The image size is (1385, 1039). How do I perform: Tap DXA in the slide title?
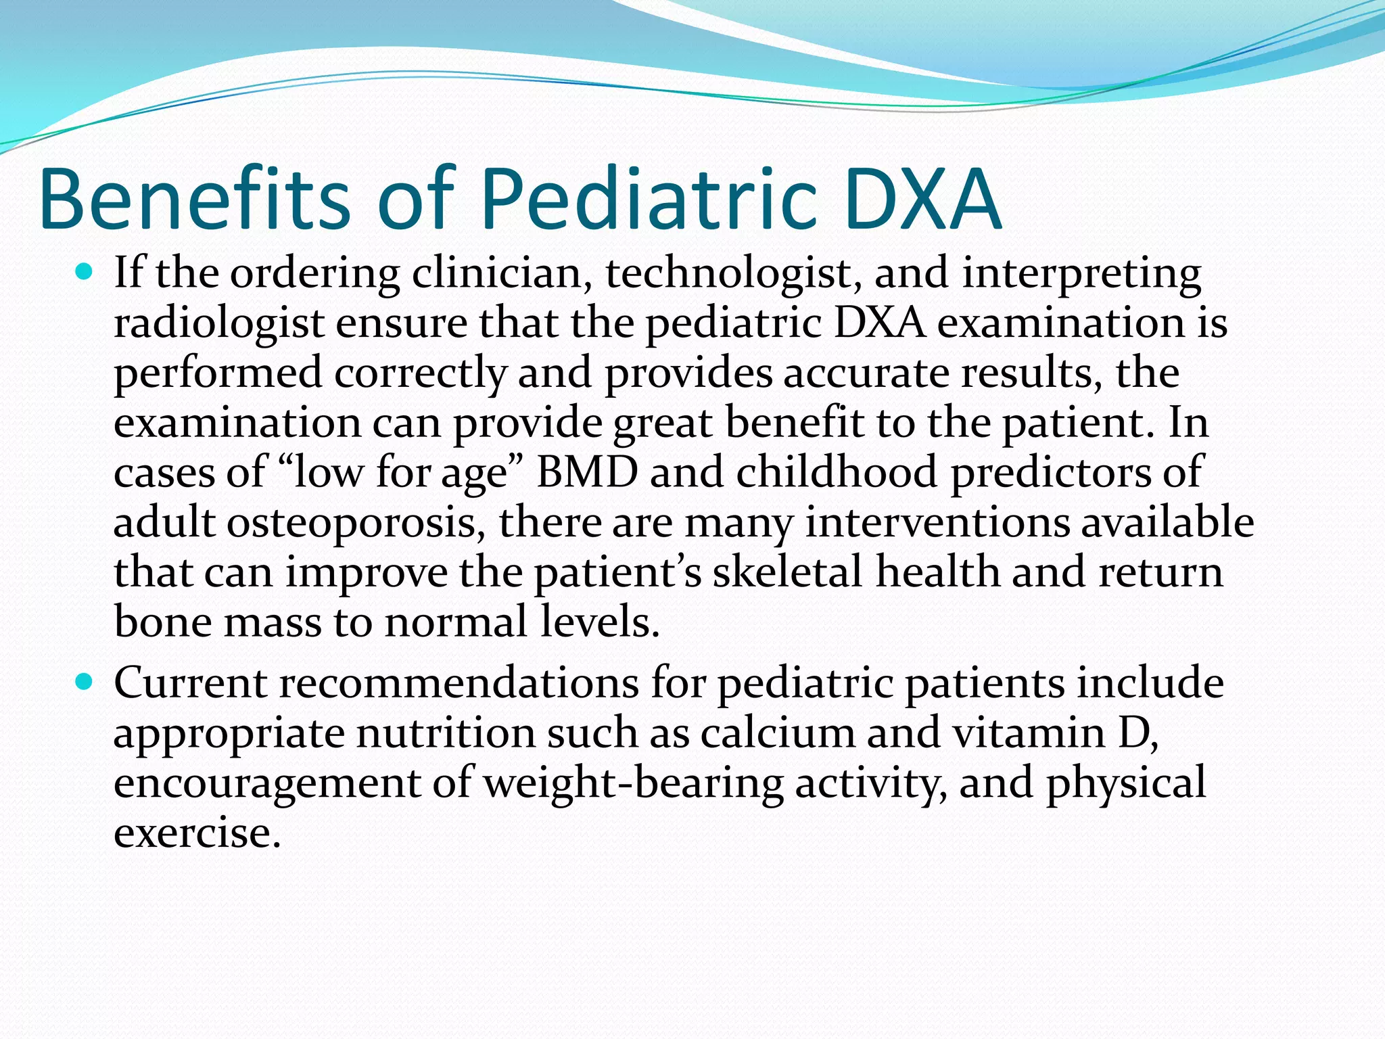(x=922, y=200)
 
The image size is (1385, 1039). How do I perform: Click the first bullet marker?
(x=85, y=273)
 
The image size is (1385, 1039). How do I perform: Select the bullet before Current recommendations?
(x=85, y=683)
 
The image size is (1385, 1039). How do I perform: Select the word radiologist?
(x=218, y=323)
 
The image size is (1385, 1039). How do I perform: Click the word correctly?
(x=419, y=373)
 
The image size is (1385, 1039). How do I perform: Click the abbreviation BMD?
(x=587, y=473)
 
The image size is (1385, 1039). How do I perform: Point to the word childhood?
(x=837, y=473)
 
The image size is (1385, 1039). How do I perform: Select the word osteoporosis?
(x=356, y=523)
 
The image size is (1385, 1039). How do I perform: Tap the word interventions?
(x=937, y=523)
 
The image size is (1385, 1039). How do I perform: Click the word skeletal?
(x=787, y=572)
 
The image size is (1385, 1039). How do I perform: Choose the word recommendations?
(x=459, y=683)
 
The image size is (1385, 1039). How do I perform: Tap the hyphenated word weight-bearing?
(x=633, y=783)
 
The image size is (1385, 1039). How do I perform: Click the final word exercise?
(x=196, y=833)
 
